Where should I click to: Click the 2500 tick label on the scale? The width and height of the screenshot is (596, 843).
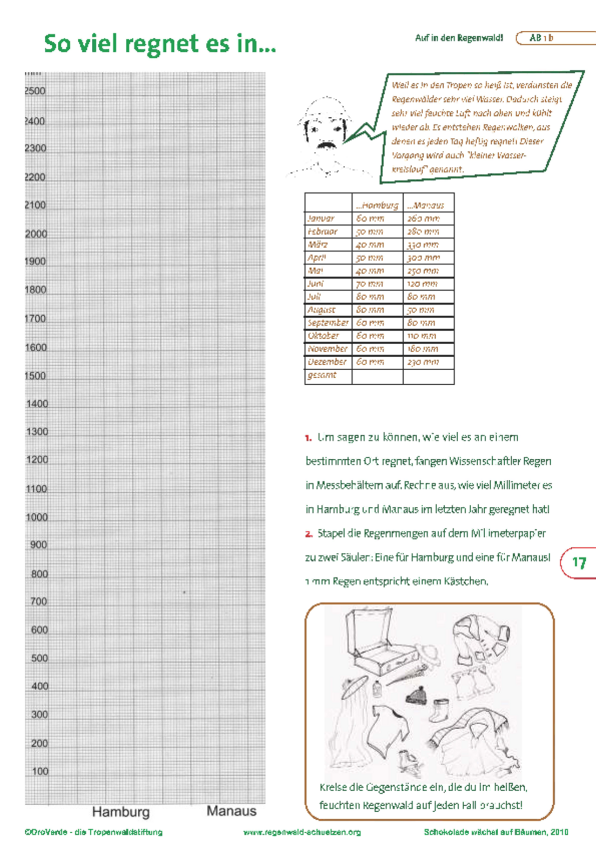click(35, 91)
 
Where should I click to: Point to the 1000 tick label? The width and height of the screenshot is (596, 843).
click(37, 517)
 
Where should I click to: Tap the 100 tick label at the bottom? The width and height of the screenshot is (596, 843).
click(40, 771)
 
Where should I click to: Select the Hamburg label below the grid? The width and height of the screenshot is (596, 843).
click(121, 812)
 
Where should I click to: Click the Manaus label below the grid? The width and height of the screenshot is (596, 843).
click(231, 811)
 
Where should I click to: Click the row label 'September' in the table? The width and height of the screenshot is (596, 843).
click(328, 323)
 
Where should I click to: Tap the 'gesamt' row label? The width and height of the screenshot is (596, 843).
click(322, 375)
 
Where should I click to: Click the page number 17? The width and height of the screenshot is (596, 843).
click(579, 563)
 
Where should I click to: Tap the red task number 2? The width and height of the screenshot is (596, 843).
click(309, 534)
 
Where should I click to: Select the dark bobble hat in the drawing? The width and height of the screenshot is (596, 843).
click(416, 694)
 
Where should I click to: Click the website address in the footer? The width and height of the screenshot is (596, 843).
click(302, 832)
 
